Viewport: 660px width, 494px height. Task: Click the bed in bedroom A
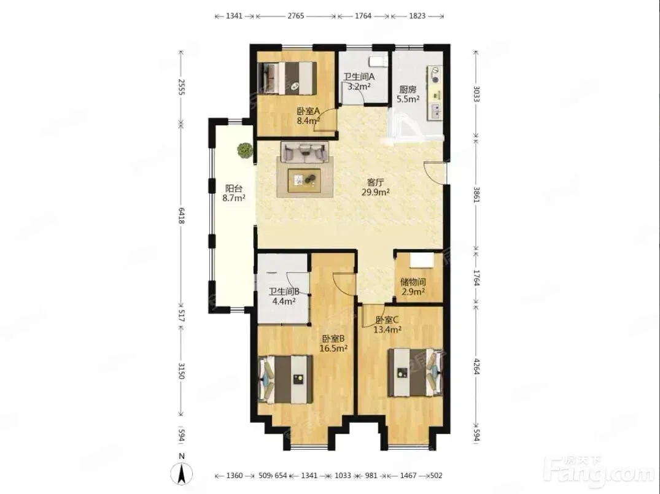(287, 79)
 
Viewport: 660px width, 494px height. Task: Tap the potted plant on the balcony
(244, 150)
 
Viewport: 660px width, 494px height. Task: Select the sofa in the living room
(305, 152)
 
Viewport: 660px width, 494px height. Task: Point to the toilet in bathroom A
(378, 61)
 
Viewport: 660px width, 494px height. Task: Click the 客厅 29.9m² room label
(376, 187)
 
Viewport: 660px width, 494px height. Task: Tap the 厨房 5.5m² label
(408, 95)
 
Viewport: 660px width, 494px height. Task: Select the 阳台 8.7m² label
(234, 193)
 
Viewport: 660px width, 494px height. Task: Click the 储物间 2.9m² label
(413, 287)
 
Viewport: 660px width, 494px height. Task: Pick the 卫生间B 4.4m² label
(284, 296)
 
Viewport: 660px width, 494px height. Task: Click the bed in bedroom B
(285, 379)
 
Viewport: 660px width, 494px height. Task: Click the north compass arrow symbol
(181, 473)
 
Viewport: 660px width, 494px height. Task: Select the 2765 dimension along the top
(295, 16)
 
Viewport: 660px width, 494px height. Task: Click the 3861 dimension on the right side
(476, 195)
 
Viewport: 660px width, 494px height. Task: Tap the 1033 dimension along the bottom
(343, 476)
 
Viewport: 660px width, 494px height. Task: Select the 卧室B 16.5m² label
(333, 344)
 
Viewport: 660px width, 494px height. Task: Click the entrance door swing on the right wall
(435, 172)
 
